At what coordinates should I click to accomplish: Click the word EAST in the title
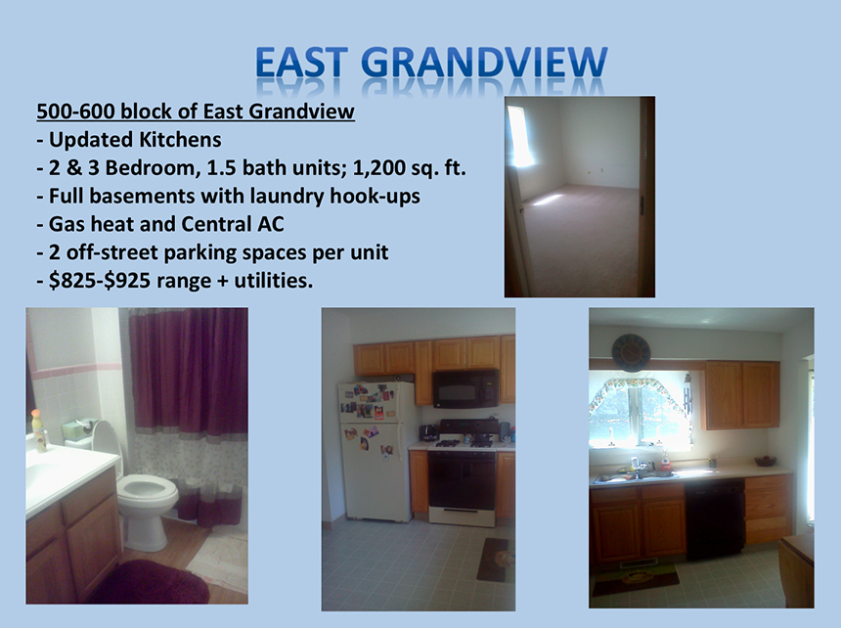pyautogui.click(x=302, y=63)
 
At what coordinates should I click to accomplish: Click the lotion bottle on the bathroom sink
pyautogui.click(x=39, y=430)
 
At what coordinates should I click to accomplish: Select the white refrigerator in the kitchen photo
pyautogui.click(x=377, y=452)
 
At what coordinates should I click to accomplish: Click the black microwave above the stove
pyautogui.click(x=465, y=388)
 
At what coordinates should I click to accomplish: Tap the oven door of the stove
pyautogui.click(x=462, y=481)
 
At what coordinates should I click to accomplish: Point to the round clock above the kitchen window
pyautogui.click(x=632, y=352)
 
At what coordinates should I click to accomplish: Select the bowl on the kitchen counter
pyautogui.click(x=766, y=461)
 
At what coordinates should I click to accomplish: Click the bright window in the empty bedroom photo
pyautogui.click(x=521, y=136)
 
